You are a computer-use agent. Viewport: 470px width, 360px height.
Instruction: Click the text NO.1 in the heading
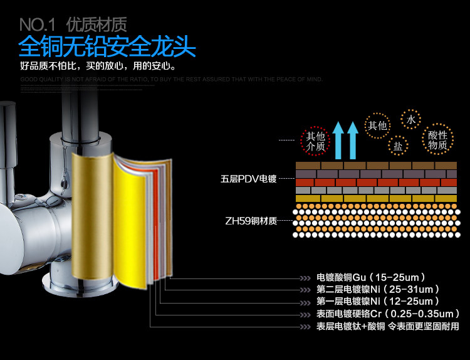point(39,25)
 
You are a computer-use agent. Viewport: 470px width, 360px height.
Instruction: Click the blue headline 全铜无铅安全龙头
point(107,47)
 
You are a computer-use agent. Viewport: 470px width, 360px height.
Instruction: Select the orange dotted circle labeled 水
point(411,119)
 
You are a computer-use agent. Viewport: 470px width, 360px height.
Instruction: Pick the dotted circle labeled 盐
point(398,146)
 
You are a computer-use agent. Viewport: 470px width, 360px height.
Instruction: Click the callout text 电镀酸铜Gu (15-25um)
point(371,277)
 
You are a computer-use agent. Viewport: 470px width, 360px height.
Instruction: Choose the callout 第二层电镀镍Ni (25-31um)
point(377,289)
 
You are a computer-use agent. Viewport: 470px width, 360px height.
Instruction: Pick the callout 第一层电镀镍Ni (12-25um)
point(377,302)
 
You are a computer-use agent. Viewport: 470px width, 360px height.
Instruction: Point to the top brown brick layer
point(376,165)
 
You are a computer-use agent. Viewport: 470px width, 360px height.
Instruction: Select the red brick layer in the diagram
point(376,182)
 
